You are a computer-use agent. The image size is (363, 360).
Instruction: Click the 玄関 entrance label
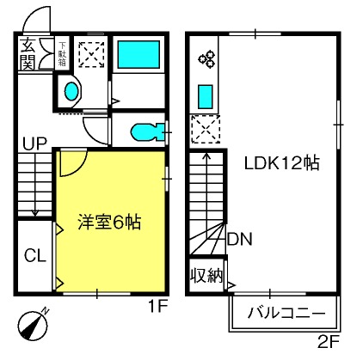(28, 53)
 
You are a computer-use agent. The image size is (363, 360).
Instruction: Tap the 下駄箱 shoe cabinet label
(62, 54)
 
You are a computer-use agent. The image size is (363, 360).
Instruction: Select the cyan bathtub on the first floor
(138, 54)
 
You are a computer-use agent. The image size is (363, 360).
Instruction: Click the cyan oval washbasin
(71, 91)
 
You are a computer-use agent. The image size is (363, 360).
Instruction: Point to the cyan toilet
(147, 132)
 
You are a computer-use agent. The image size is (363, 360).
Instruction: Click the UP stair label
(34, 144)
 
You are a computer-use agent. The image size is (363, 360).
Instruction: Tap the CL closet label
(35, 255)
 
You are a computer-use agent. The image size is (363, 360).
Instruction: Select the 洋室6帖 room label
(109, 222)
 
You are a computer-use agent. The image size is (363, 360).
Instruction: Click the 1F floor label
(158, 307)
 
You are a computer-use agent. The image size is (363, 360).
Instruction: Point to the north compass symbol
(33, 324)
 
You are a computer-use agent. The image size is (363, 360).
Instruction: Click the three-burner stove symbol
(206, 58)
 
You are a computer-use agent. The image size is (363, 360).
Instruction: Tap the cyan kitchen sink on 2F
(206, 97)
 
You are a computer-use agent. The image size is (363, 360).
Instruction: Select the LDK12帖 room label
(282, 163)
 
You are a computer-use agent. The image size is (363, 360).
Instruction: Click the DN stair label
(240, 239)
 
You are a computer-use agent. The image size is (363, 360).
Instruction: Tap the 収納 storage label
(207, 276)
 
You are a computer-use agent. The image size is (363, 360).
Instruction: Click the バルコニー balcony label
(286, 313)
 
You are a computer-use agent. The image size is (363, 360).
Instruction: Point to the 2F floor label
(329, 341)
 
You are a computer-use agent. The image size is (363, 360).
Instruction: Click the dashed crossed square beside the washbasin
(91, 55)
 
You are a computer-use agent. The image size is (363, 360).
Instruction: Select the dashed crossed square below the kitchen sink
(206, 129)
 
